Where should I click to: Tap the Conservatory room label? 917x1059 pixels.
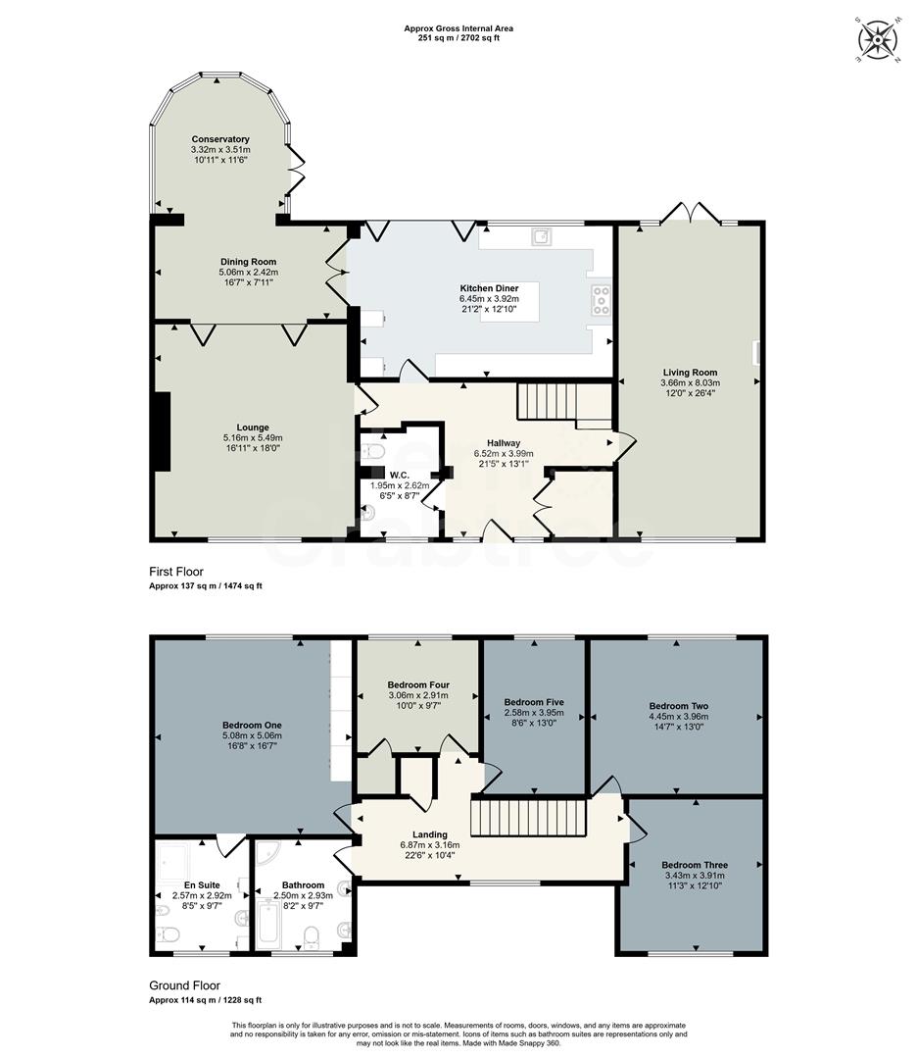[x=220, y=139]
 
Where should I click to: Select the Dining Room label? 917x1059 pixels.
[x=249, y=262]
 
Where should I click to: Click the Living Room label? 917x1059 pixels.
[x=691, y=373]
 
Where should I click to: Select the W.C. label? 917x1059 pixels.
[x=399, y=475]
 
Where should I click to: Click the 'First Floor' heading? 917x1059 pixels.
[x=177, y=572]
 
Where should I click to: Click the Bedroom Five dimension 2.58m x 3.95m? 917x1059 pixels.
[x=534, y=713]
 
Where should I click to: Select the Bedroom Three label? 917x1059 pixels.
[x=695, y=865]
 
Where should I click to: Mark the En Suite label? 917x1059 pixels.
[x=199, y=884]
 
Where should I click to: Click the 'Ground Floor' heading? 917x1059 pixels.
[x=184, y=985]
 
